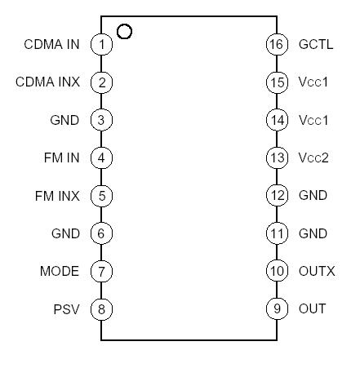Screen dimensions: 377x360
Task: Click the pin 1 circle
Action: (x=101, y=44)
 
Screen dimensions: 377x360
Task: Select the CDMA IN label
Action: (x=51, y=44)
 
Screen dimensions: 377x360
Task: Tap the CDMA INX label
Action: (x=48, y=82)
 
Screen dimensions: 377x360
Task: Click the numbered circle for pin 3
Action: (x=101, y=120)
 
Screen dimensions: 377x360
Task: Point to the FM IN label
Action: (x=62, y=158)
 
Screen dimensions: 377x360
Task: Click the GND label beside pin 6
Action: (x=64, y=234)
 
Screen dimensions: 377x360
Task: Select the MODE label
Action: (x=60, y=272)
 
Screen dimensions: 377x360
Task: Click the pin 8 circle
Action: (x=101, y=309)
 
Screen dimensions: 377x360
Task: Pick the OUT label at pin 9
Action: (x=313, y=309)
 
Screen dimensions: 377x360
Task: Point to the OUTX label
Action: (x=317, y=272)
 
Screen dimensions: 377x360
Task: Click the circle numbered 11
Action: (x=277, y=234)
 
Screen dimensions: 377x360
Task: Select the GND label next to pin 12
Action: (x=313, y=196)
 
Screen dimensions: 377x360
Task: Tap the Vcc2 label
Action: (x=313, y=158)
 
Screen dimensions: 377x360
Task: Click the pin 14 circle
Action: (x=277, y=120)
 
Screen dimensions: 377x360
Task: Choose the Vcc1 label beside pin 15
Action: (x=313, y=82)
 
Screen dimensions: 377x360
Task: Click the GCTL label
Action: (x=316, y=44)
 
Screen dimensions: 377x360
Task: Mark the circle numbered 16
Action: (x=277, y=44)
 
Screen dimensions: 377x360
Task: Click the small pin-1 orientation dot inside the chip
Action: (x=124, y=32)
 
